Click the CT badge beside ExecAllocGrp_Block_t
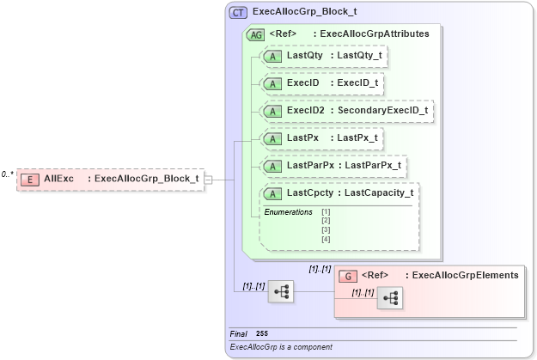[x=239, y=13]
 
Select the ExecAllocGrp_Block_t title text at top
[x=304, y=13]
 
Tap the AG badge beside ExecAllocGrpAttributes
[x=255, y=34]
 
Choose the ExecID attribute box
[x=323, y=83]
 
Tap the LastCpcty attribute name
[x=312, y=193]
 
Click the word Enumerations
[x=288, y=211]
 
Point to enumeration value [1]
[x=326, y=211]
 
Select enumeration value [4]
[x=326, y=239]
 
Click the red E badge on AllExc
[x=30, y=179]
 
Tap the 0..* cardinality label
[x=7, y=174]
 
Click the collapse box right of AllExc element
[x=208, y=180]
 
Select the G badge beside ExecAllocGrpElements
[x=349, y=276]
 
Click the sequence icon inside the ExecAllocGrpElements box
[x=389, y=298]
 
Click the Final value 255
[x=262, y=333]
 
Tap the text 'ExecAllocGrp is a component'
[x=281, y=347]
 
